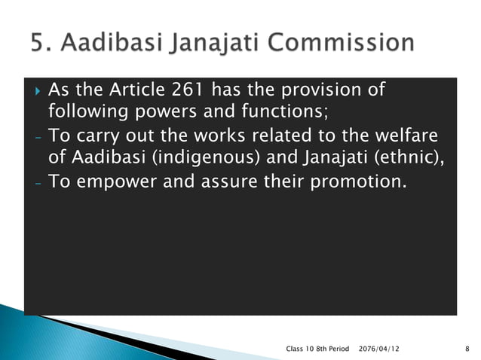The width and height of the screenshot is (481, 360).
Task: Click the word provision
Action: [x=323, y=91]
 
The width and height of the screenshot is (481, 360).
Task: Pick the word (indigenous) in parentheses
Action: [x=173, y=158]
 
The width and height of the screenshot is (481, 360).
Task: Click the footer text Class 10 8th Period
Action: [x=318, y=349]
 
